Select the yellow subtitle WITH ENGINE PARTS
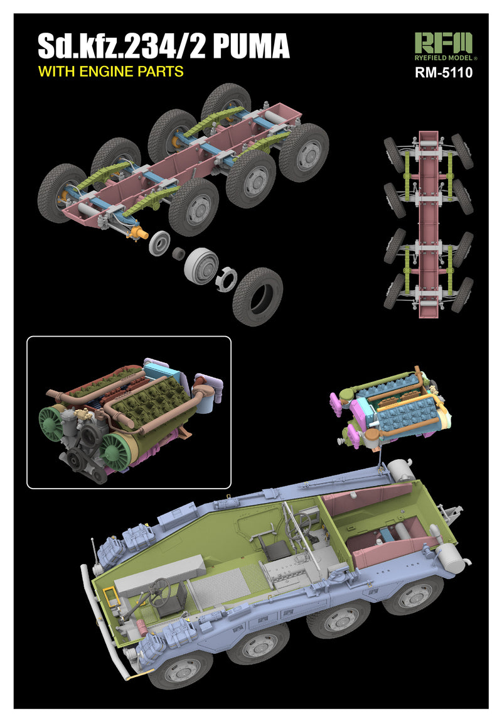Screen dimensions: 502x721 click(x=110, y=71)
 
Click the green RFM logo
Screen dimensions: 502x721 click(x=443, y=43)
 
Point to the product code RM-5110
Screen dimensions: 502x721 click(x=444, y=73)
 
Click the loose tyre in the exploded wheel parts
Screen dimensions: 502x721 click(x=257, y=296)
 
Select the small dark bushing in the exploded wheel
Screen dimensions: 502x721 click(x=178, y=253)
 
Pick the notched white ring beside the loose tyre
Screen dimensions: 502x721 click(x=226, y=279)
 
